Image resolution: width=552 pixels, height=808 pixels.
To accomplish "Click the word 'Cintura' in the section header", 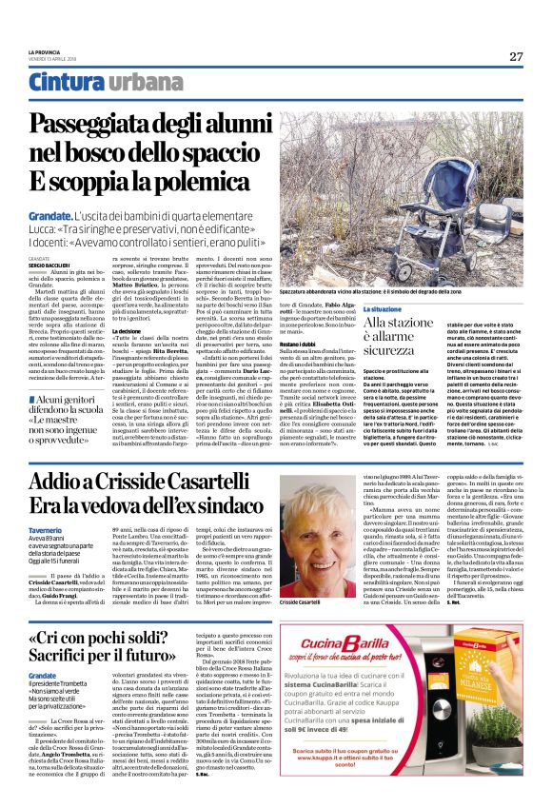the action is [x=64, y=84].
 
